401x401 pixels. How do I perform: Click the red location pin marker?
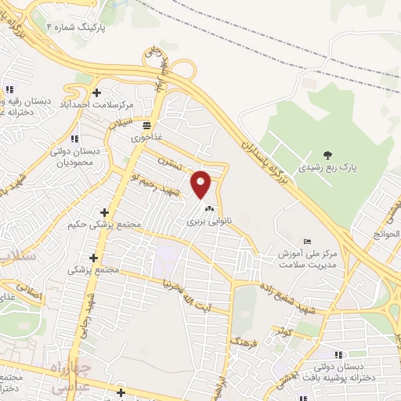pos(202,184)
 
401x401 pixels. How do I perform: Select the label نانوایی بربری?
pos(207,222)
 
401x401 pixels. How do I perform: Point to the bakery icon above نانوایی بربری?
pos(208,209)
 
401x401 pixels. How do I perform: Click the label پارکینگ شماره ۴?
pos(84,26)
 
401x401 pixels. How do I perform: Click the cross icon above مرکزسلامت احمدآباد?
pos(96,92)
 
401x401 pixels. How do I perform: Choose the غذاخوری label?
pos(146,137)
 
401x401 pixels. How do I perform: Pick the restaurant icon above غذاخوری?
pos(146,125)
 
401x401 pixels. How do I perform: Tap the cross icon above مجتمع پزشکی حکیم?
pos(104,212)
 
